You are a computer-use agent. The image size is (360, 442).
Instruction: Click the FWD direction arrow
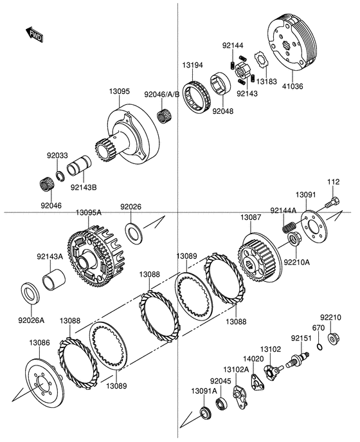[x=34, y=35]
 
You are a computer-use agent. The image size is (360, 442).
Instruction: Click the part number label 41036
[x=292, y=86]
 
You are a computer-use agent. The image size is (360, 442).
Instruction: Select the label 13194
[x=192, y=65]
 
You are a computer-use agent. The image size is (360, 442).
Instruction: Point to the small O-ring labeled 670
[x=319, y=347]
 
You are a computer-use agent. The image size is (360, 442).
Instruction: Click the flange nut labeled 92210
[x=334, y=338]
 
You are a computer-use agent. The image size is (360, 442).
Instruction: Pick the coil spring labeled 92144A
[x=289, y=227]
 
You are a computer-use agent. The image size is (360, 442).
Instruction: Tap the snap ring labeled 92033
[x=60, y=176]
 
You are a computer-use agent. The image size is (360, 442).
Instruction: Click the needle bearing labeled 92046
[x=47, y=185]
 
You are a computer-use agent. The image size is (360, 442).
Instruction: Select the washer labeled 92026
[x=134, y=233]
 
